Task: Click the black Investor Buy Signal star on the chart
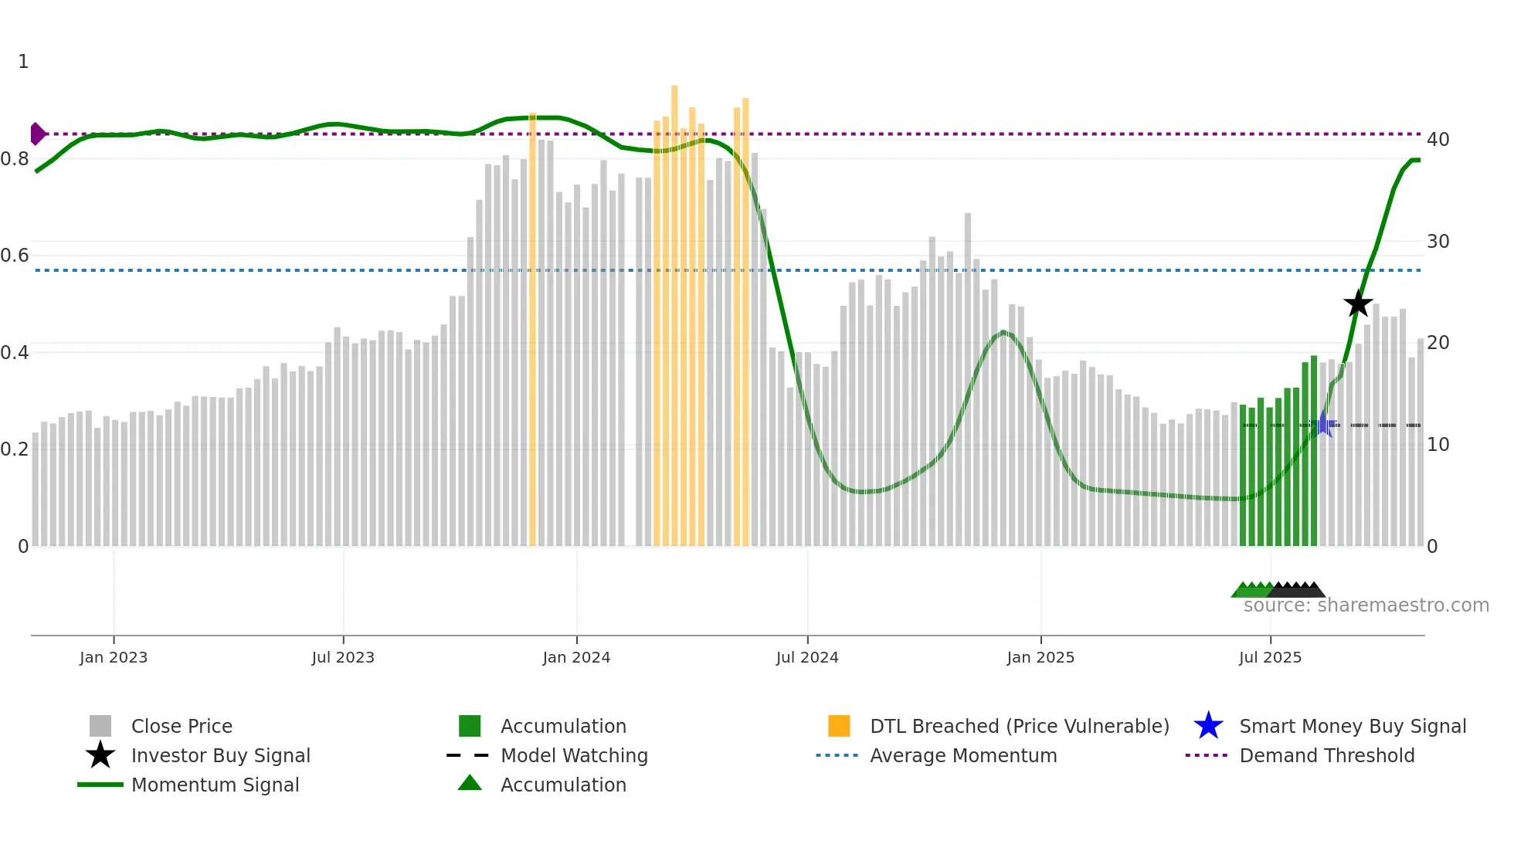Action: [1357, 303]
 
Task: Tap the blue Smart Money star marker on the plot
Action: [1323, 424]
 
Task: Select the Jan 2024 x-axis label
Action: [576, 657]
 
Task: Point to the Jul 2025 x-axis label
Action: [1270, 657]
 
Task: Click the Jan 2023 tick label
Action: [114, 657]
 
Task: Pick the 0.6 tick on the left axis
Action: [15, 256]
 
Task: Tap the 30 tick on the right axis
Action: [1438, 242]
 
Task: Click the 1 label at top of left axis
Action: [23, 62]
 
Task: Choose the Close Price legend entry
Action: [182, 726]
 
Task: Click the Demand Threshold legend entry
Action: [1326, 755]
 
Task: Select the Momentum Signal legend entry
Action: [215, 785]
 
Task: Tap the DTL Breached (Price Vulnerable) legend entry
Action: [1019, 726]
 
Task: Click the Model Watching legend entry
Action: [573, 755]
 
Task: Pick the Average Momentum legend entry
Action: [962, 755]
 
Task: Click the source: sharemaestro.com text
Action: [1366, 605]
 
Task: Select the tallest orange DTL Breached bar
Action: [674, 309]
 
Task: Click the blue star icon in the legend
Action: [1208, 726]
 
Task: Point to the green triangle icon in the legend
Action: [470, 784]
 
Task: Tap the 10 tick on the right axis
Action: [1438, 445]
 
